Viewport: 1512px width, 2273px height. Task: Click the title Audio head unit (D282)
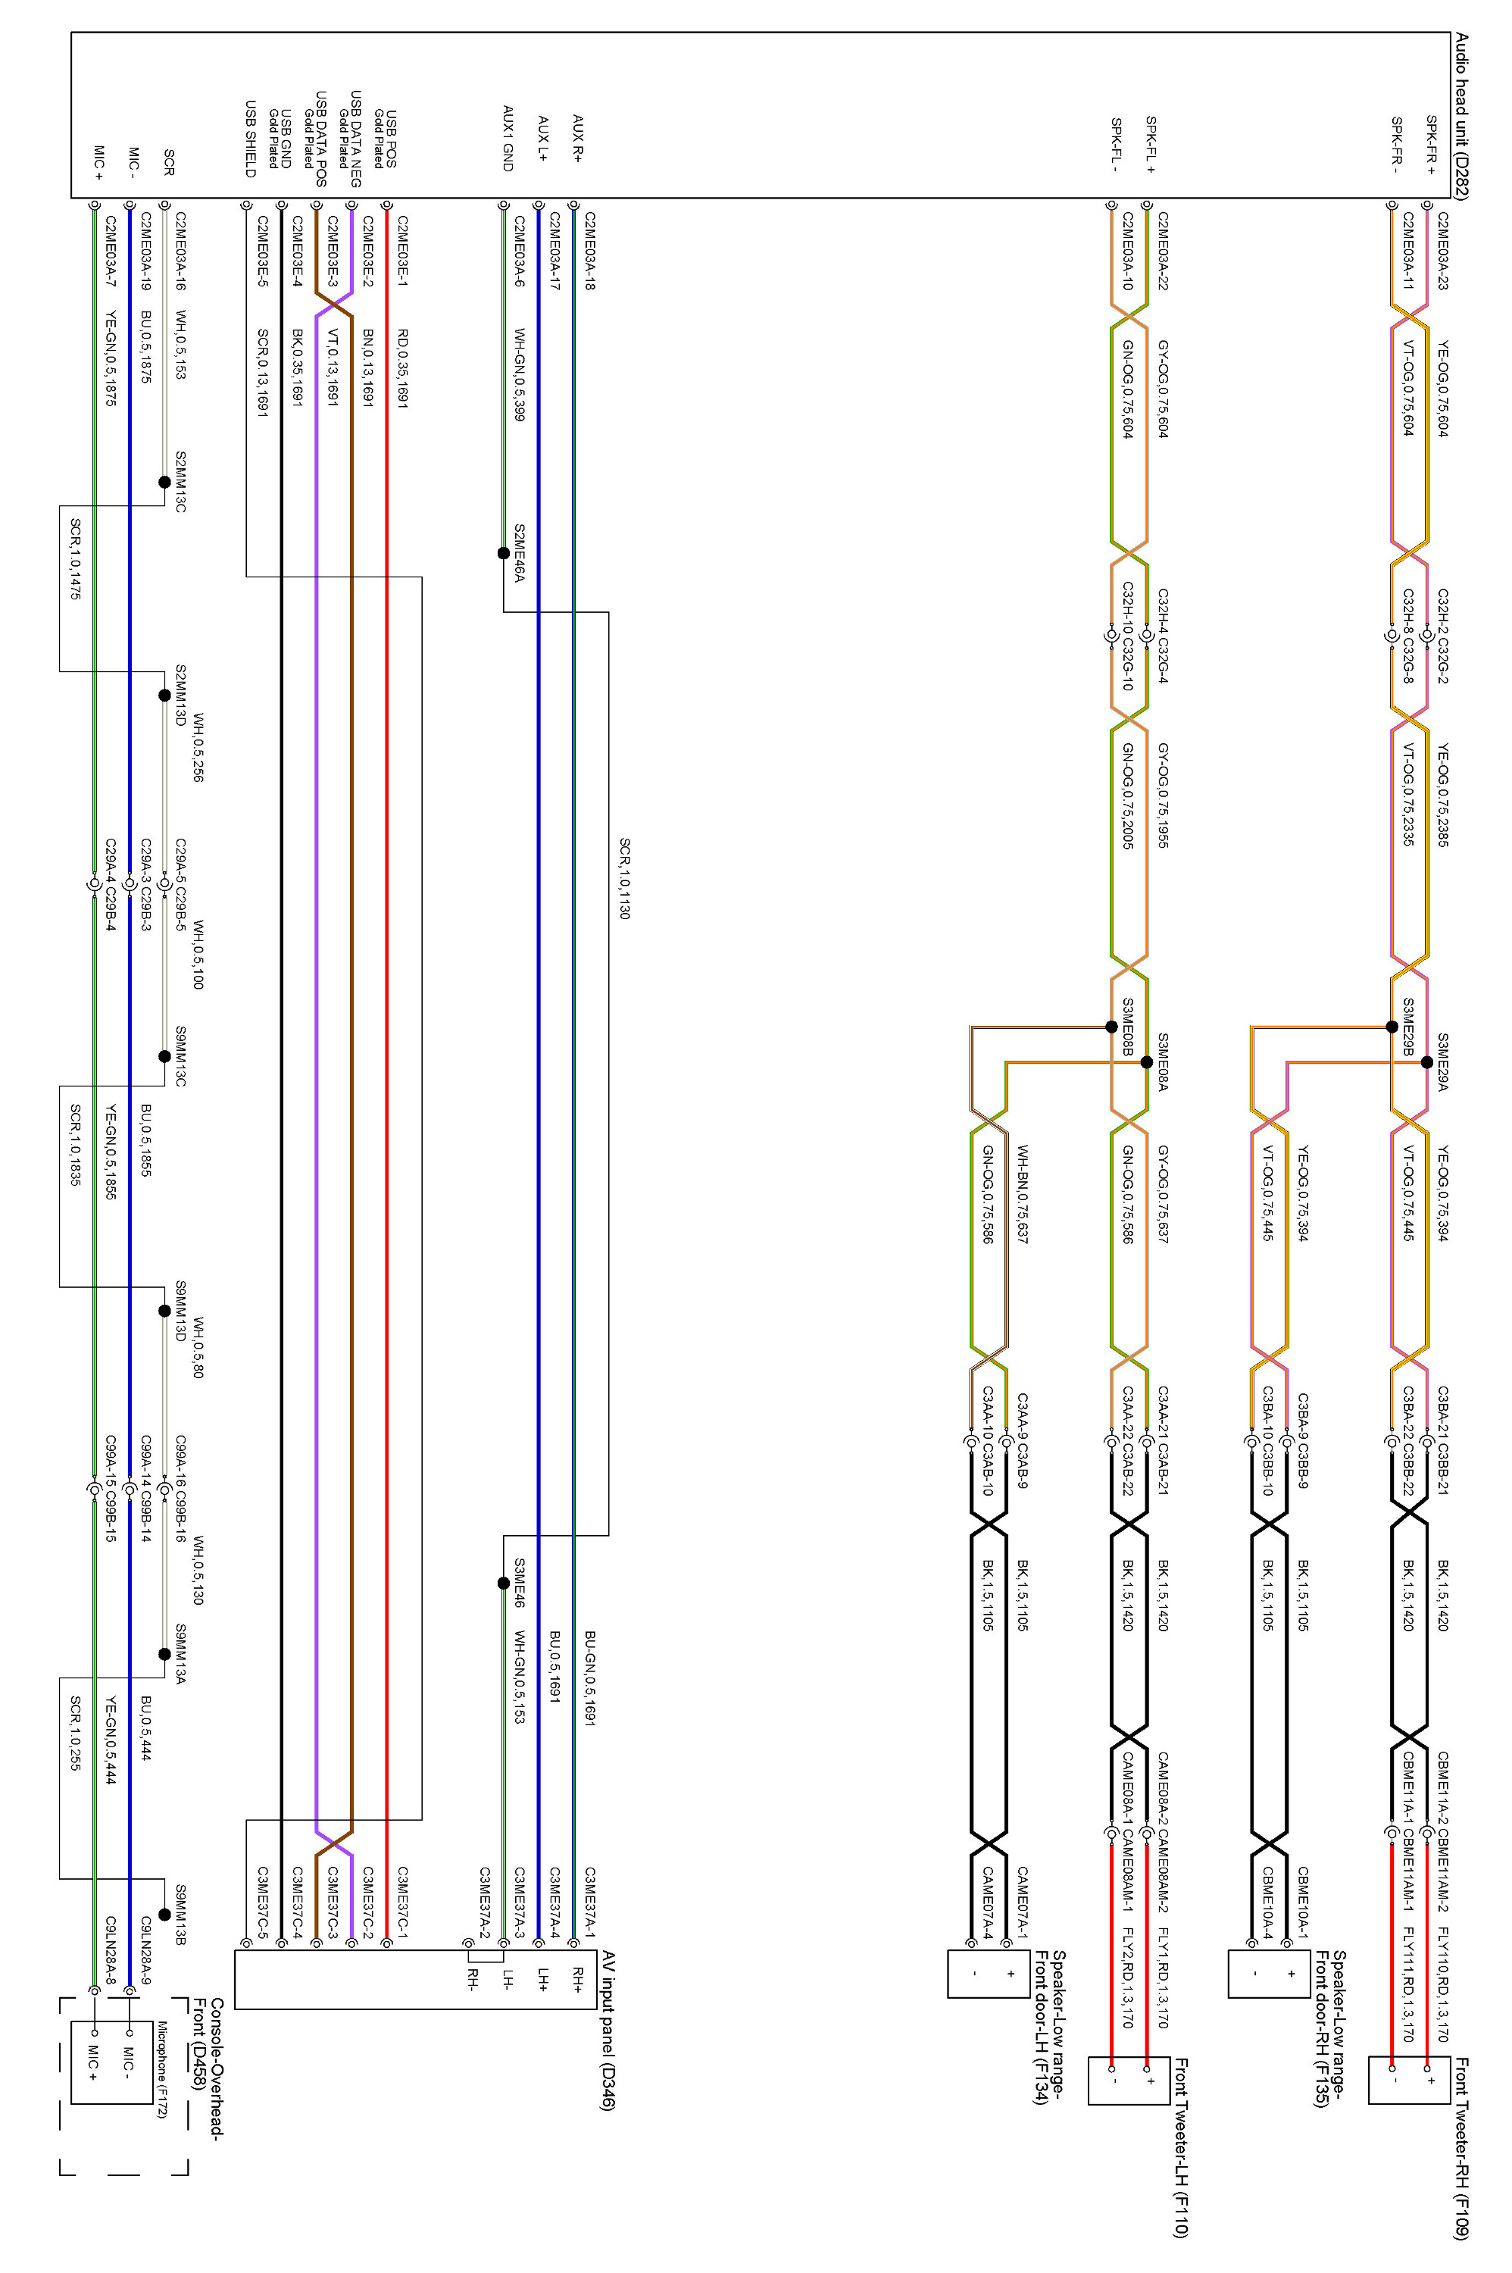click(1462, 117)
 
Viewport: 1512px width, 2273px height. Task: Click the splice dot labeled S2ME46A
click(502, 554)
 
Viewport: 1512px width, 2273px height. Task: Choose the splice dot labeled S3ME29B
click(1392, 1026)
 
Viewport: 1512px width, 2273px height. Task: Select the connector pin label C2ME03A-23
click(1442, 252)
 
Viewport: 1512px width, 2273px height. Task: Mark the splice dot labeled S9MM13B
click(164, 1915)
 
